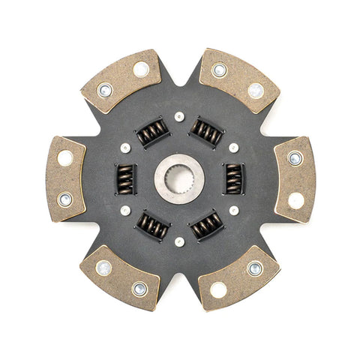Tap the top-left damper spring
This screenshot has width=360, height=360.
click(152, 133)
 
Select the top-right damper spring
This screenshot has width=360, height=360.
click(206, 132)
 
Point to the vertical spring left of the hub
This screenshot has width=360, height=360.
click(125, 178)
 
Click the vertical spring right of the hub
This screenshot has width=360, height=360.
click(234, 178)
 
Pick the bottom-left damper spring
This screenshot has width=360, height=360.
click(153, 225)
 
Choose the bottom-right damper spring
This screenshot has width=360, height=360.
click(207, 225)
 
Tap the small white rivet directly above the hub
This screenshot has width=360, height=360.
click(179, 116)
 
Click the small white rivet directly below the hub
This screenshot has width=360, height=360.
click(179, 241)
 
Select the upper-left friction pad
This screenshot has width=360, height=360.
click(121, 80)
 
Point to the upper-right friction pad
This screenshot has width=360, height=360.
click(238, 80)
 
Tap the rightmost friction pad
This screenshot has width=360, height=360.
click(295, 178)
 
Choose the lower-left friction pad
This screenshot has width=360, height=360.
click(120, 277)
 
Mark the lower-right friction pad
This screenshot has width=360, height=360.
click(238, 277)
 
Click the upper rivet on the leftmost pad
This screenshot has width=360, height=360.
click(65, 157)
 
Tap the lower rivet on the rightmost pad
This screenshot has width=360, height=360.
click(296, 200)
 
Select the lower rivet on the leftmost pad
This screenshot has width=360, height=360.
click(65, 199)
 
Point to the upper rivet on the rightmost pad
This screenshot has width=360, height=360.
click(295, 158)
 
